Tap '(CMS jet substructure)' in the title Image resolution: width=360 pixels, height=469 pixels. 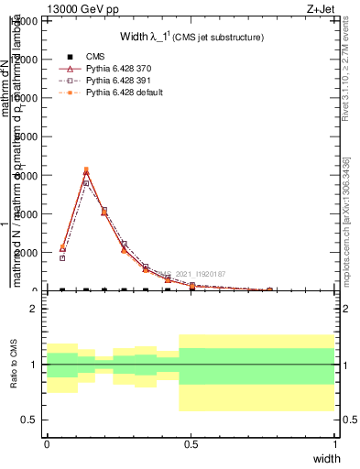tap(219, 38)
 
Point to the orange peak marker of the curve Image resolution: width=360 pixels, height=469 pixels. tap(86, 169)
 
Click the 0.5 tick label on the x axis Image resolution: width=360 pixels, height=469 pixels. tap(191, 444)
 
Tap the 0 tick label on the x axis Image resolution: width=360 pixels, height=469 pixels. tap(47, 444)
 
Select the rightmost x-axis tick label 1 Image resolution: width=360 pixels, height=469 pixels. tap(335, 444)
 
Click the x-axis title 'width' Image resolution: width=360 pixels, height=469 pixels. tap(326, 458)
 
